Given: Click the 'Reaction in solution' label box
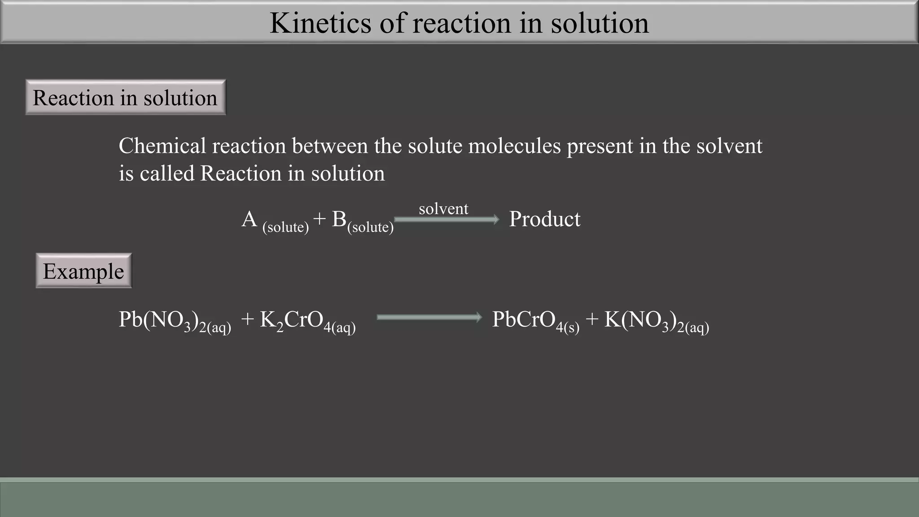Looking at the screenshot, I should [x=125, y=97].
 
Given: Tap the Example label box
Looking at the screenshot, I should [x=83, y=271].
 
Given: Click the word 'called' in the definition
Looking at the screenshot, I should [x=166, y=173].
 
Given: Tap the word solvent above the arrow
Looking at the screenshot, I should [x=443, y=209].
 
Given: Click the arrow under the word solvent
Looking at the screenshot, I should [x=446, y=219].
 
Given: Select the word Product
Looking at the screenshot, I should [x=544, y=219].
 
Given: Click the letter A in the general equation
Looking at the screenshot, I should [x=249, y=219].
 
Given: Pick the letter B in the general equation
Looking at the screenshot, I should [x=339, y=219].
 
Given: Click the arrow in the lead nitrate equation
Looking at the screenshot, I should [x=429, y=318].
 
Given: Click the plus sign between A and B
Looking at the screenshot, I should [x=319, y=219].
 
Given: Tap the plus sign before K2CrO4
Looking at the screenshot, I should [x=247, y=320].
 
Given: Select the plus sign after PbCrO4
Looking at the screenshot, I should [x=592, y=320].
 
